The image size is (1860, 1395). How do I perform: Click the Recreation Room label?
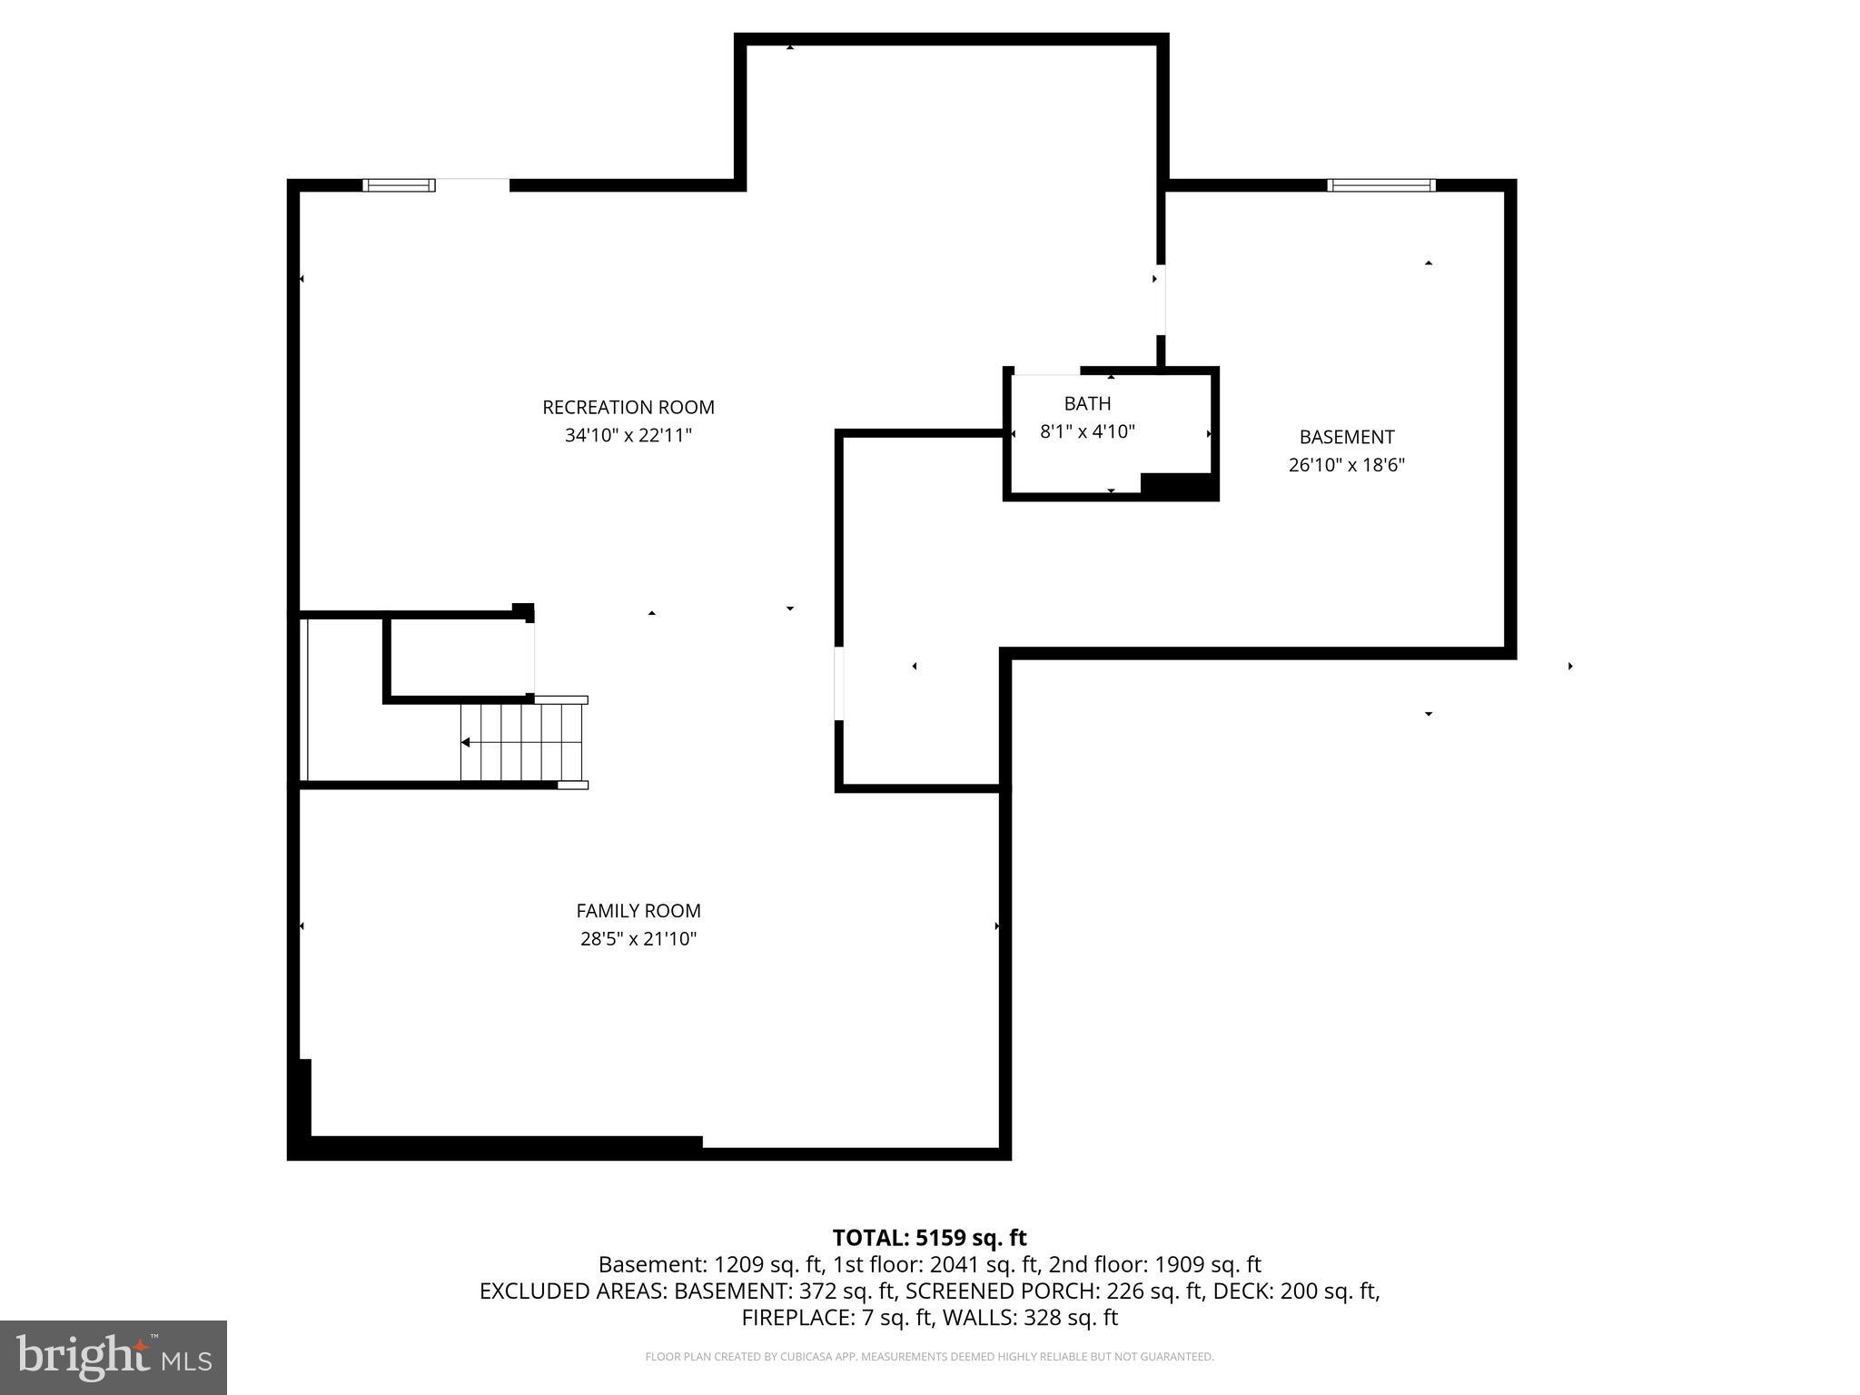pyautogui.click(x=628, y=407)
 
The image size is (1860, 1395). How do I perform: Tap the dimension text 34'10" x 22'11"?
pyautogui.click(x=628, y=435)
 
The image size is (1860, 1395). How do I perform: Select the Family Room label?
pyautogui.click(x=638, y=910)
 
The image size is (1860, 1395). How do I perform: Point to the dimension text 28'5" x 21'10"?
pyautogui.click(x=638, y=938)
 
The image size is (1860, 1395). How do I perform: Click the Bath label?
pyautogui.click(x=1087, y=403)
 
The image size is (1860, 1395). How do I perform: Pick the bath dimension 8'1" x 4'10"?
pyautogui.click(x=1087, y=431)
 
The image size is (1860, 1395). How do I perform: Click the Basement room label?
pyautogui.click(x=1346, y=437)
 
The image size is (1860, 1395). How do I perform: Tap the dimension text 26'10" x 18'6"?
pyautogui.click(x=1346, y=465)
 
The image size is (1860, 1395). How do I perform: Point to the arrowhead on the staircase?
pyautogui.click(x=465, y=742)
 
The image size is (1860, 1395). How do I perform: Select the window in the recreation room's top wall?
pyautogui.click(x=399, y=185)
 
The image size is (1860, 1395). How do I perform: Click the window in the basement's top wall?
pyautogui.click(x=1380, y=185)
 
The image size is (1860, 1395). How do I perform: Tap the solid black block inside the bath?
pyautogui.click(x=1177, y=485)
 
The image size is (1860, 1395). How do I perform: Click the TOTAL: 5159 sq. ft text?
pyautogui.click(x=929, y=1238)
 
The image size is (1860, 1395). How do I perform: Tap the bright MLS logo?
pyautogui.click(x=114, y=1357)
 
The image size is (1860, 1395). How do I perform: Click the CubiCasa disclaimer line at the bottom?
pyautogui.click(x=929, y=1357)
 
